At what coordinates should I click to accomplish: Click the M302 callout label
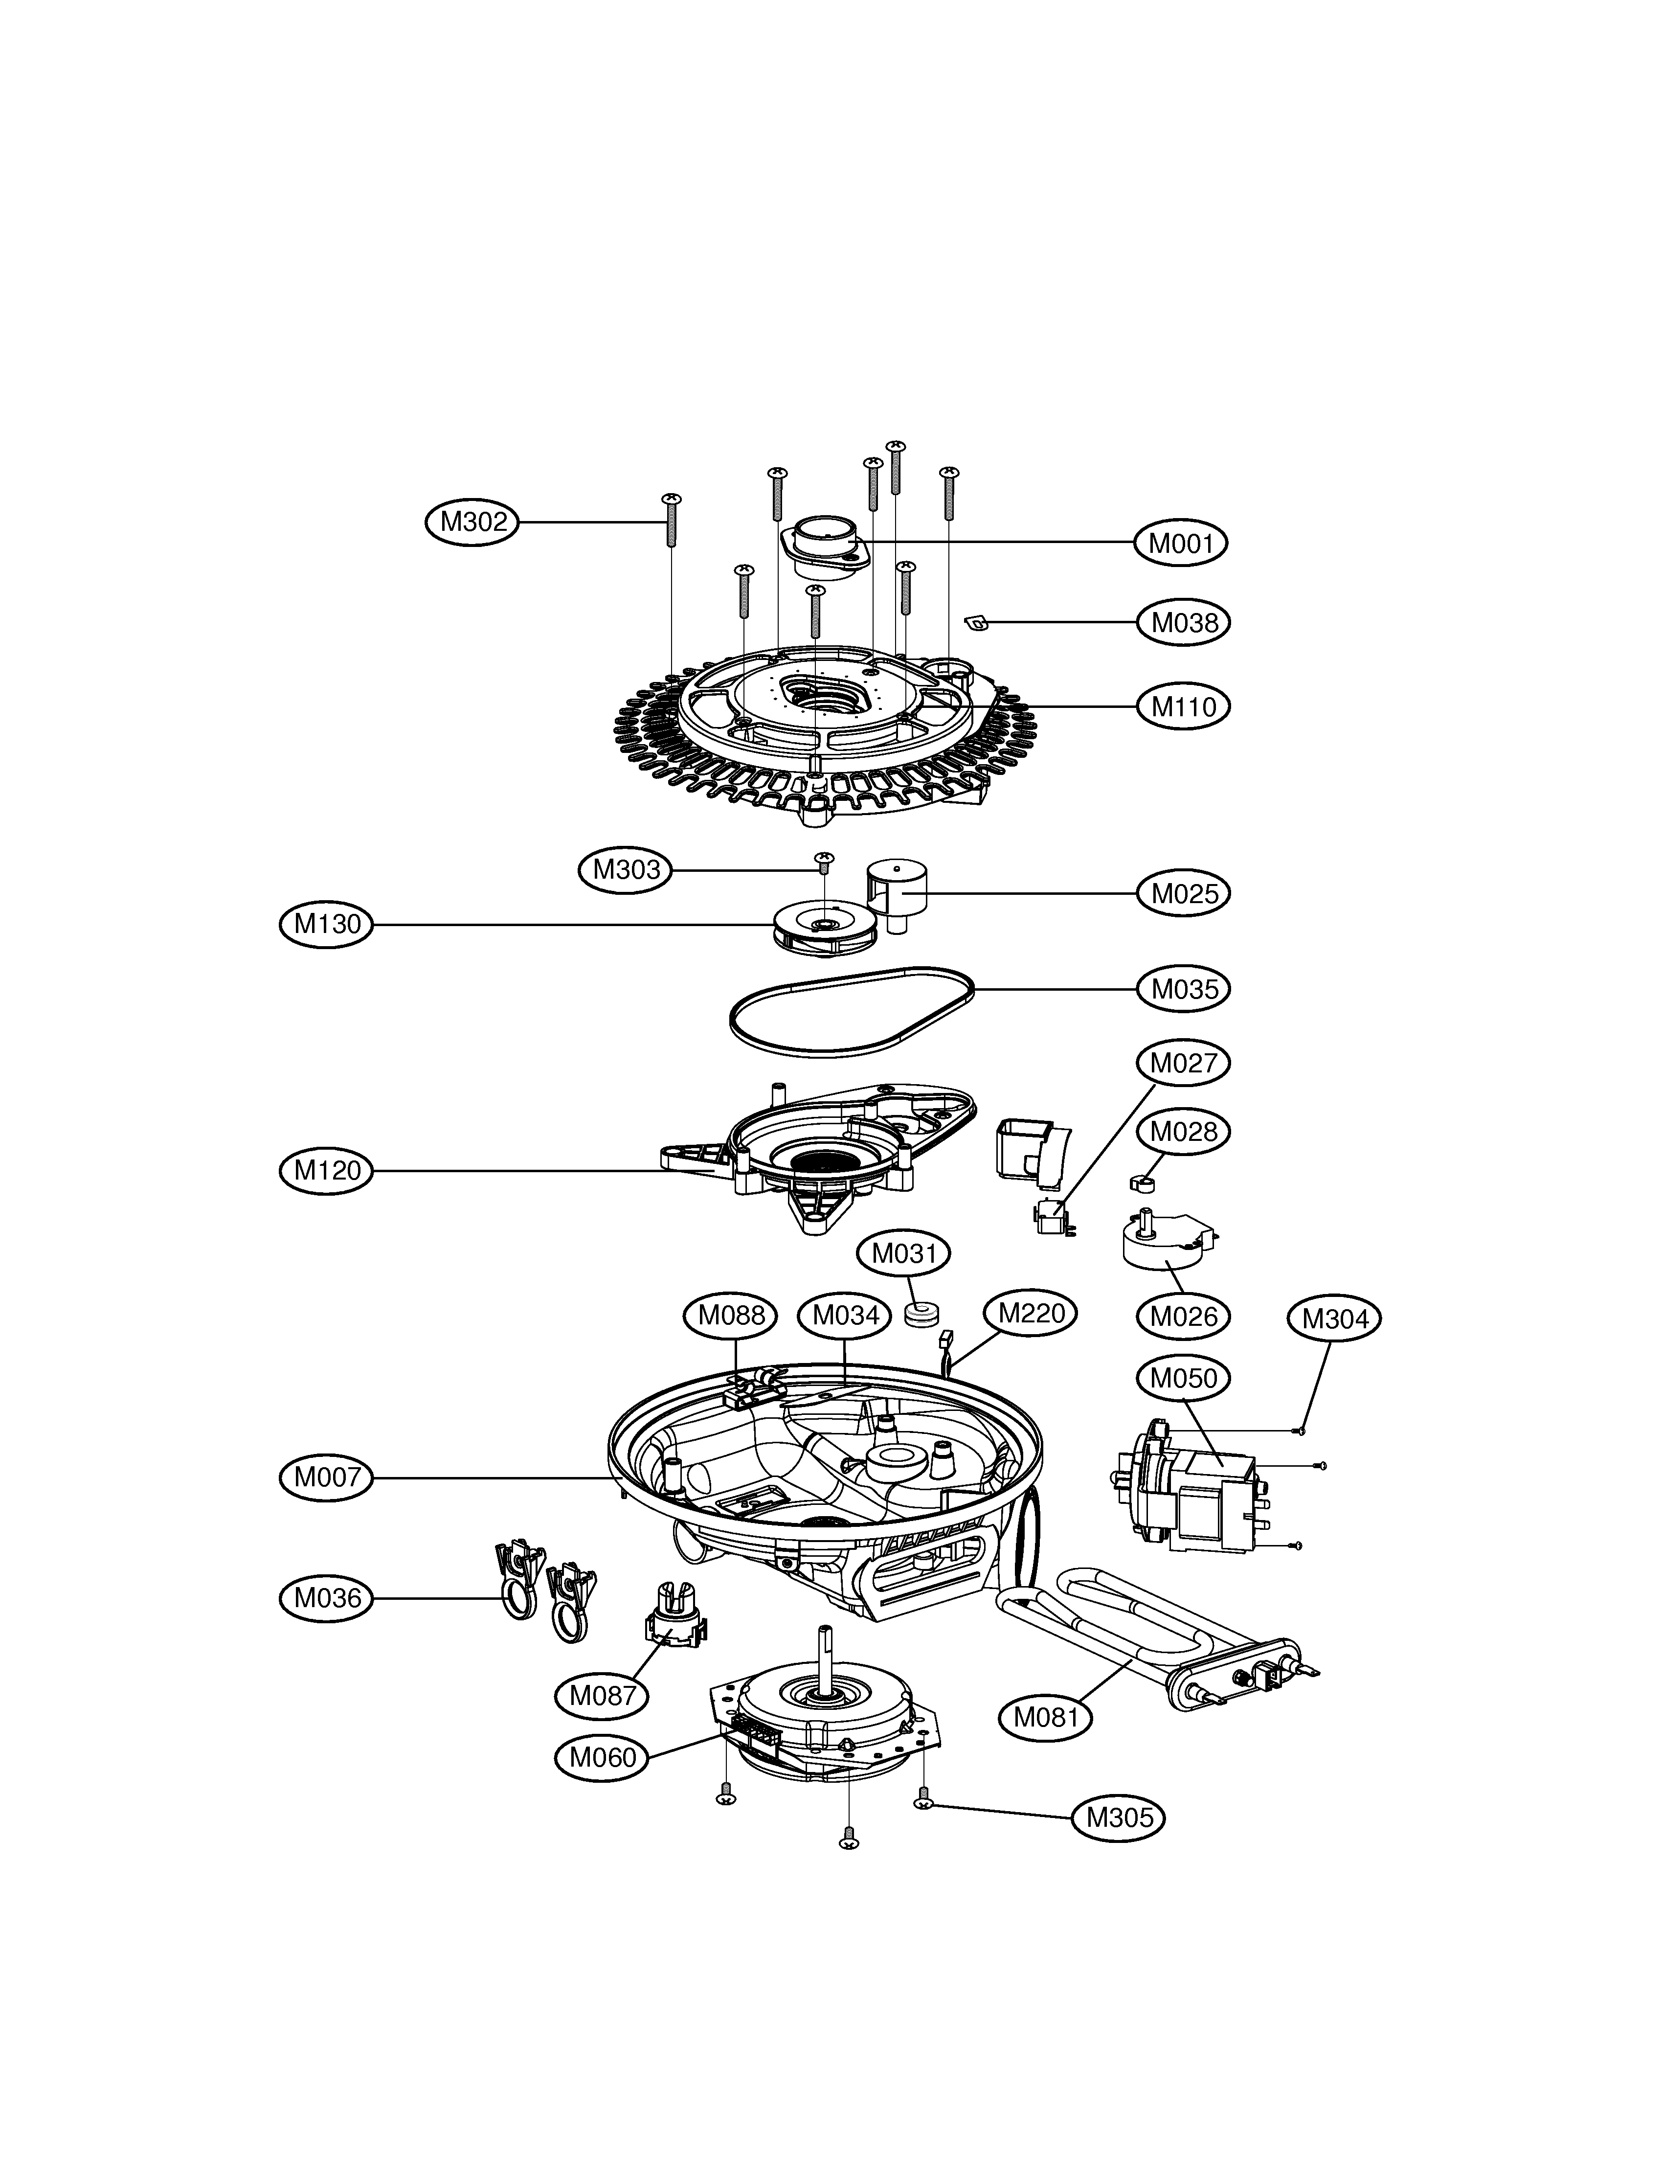[472, 522]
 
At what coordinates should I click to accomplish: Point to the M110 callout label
[1183, 706]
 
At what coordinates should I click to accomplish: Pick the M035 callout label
[1183, 989]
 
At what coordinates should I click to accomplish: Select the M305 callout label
[1119, 1817]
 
